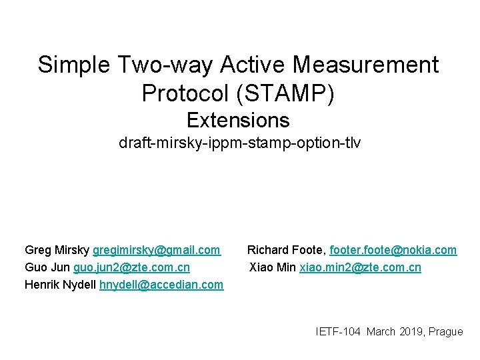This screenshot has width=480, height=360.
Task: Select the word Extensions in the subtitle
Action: [238, 120]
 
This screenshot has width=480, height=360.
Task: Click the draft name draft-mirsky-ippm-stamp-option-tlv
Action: [239, 143]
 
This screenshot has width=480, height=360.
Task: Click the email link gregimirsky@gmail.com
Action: [156, 250]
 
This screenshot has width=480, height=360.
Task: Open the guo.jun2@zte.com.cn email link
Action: [131, 267]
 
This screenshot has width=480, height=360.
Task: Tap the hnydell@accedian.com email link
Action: [161, 285]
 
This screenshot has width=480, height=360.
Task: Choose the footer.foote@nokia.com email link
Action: [393, 250]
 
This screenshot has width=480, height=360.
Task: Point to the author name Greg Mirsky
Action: [57, 250]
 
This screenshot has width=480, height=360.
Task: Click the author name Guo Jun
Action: [47, 267]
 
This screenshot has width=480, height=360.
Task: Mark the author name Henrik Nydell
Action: [61, 285]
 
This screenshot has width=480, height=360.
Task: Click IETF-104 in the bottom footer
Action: [339, 331]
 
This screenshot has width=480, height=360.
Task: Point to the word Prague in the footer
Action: [446, 331]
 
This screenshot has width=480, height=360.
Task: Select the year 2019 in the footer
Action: [412, 331]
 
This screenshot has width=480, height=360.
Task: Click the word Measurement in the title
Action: [365, 65]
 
